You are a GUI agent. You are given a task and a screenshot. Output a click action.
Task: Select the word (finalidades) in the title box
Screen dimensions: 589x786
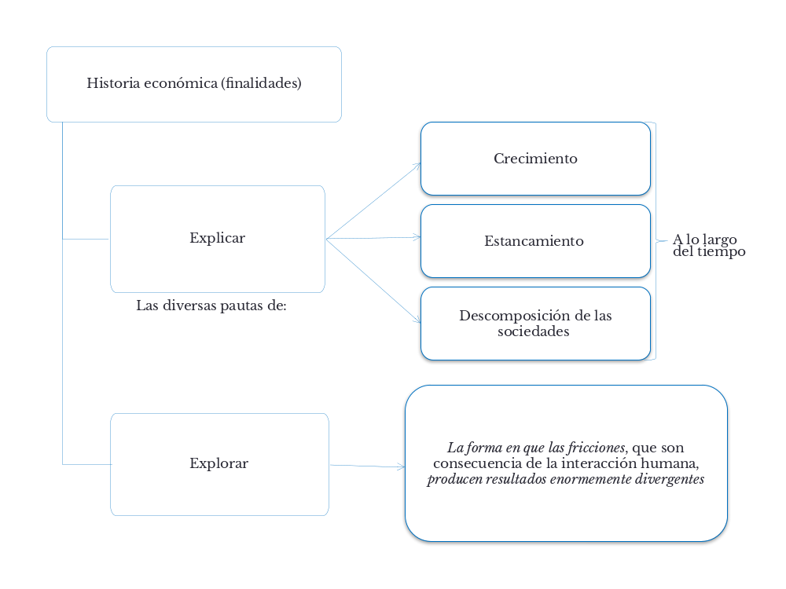pyautogui.click(x=262, y=83)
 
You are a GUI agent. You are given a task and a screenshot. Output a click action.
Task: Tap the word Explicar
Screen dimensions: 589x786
pyautogui.click(x=217, y=238)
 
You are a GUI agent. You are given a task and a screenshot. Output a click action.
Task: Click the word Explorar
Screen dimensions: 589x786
pyautogui.click(x=219, y=463)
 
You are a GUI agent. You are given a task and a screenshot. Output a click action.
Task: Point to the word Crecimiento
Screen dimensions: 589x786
pyautogui.click(x=535, y=159)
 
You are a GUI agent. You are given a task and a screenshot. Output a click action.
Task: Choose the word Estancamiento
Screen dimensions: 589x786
pyautogui.click(x=534, y=241)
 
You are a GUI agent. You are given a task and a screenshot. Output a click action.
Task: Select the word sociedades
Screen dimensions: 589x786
pyautogui.click(x=534, y=331)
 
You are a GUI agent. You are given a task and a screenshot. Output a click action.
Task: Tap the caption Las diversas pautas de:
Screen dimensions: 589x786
pyautogui.click(x=211, y=305)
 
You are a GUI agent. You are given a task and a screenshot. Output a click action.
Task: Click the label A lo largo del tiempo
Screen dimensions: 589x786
pyautogui.click(x=709, y=246)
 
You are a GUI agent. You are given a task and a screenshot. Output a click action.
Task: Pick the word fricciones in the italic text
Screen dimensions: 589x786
pyautogui.click(x=597, y=448)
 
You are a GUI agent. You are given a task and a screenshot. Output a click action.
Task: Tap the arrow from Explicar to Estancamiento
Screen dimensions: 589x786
pyautogui.click(x=373, y=237)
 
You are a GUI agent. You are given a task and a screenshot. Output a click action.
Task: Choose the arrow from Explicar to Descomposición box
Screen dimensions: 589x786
pyautogui.click(x=373, y=280)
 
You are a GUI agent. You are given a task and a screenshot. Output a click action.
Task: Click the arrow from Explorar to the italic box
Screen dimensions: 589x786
pyautogui.click(x=367, y=466)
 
